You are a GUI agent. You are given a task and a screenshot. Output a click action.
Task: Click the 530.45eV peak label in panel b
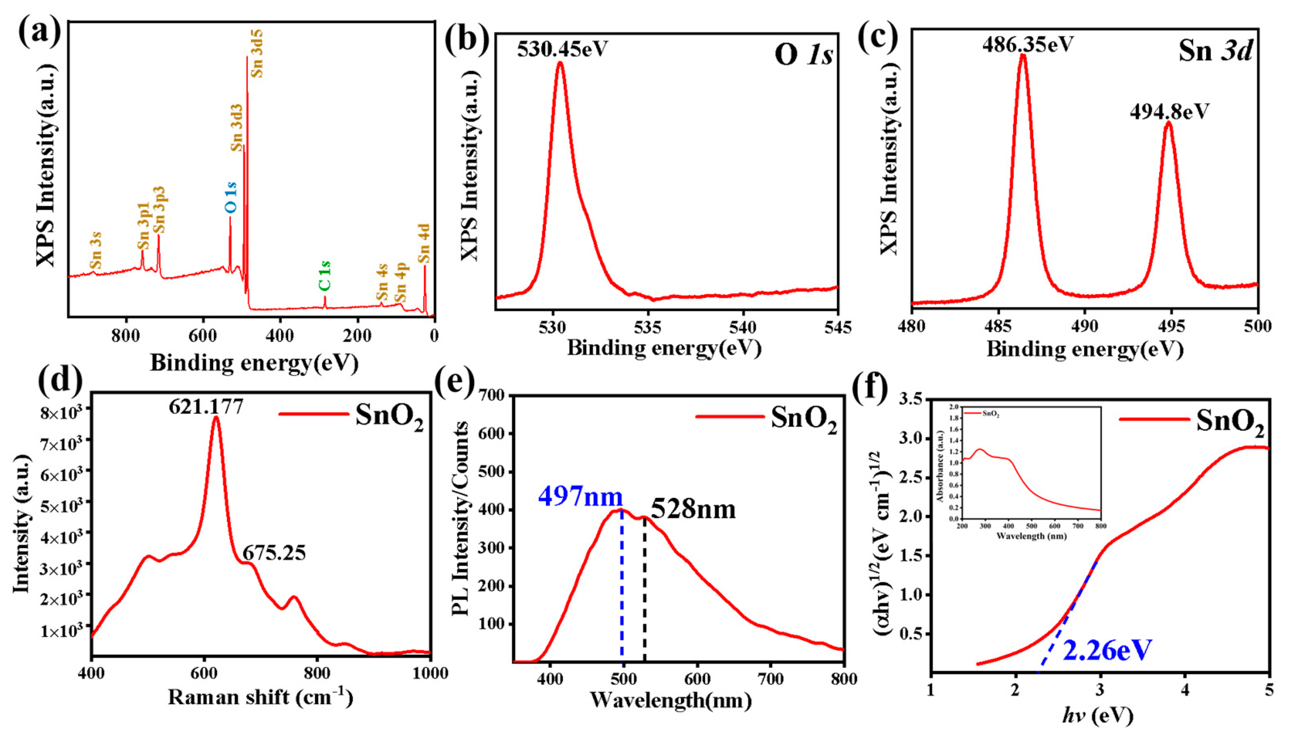[x=562, y=49]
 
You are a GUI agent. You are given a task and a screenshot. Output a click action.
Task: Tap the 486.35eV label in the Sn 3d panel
[x=1027, y=45]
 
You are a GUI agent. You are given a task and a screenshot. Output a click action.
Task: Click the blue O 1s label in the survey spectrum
[x=230, y=197]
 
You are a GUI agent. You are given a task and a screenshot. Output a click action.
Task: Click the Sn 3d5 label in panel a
[x=257, y=53]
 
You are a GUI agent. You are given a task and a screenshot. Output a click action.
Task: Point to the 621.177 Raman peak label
[x=206, y=407]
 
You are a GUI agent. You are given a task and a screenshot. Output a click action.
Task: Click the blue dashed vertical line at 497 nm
[x=622, y=585]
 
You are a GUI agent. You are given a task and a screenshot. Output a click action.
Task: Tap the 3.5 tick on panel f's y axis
[x=912, y=400]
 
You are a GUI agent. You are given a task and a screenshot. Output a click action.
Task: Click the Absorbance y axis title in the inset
[x=940, y=466]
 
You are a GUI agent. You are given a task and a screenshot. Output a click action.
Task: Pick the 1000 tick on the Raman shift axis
[x=430, y=673]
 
